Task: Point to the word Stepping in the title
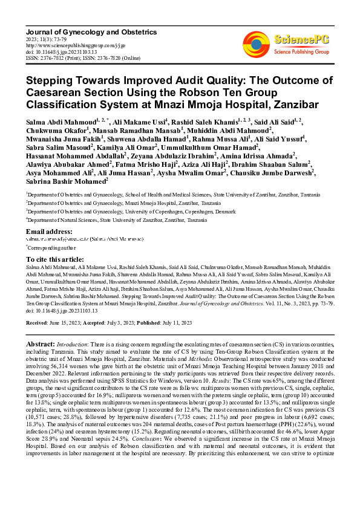pyautogui.click(x=53, y=80)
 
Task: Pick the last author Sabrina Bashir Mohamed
pyautogui.click(x=65, y=180)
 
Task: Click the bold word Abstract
pyautogui.click(x=41, y=343)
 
